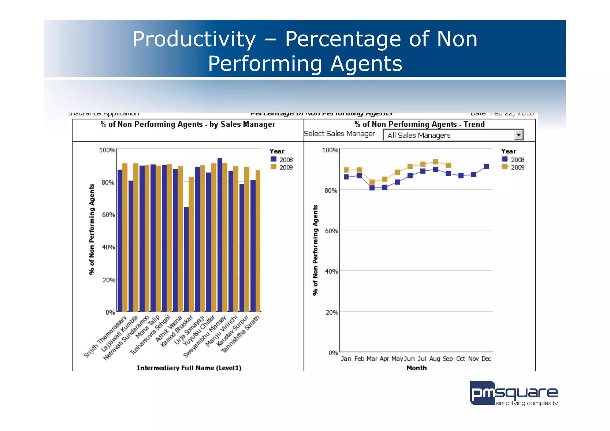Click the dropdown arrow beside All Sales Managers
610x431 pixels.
point(519,135)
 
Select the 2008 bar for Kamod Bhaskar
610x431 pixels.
point(186,259)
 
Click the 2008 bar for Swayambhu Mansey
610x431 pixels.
point(220,235)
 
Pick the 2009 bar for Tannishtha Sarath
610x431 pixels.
point(258,241)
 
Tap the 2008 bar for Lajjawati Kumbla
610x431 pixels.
point(131,246)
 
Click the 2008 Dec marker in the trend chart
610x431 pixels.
point(486,167)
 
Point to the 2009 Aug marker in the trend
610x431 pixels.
point(435,162)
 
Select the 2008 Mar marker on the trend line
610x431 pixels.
point(372,188)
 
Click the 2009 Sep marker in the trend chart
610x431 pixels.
point(448,165)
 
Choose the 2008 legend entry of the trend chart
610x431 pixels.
point(513,160)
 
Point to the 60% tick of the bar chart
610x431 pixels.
point(108,215)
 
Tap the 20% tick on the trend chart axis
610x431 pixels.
point(332,312)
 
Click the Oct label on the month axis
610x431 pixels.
point(460,359)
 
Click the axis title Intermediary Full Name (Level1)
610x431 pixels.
point(189,368)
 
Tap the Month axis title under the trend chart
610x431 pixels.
point(416,368)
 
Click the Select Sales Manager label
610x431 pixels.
point(339,134)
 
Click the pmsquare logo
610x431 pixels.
point(513,393)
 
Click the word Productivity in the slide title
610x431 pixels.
point(194,39)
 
